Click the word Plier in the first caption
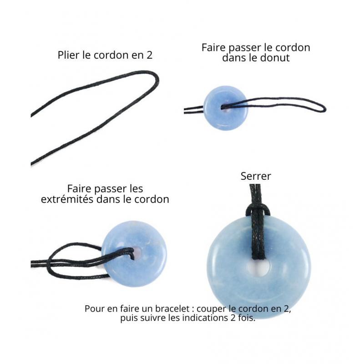click(66, 55)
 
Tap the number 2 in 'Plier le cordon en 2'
click(149, 55)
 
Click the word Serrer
click(256, 176)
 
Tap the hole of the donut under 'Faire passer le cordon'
click(225, 108)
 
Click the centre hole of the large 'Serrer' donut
click(258, 268)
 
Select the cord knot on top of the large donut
click(258, 211)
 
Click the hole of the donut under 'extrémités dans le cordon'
click(136, 253)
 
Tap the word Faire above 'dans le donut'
click(213, 48)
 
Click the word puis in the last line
click(128, 318)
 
